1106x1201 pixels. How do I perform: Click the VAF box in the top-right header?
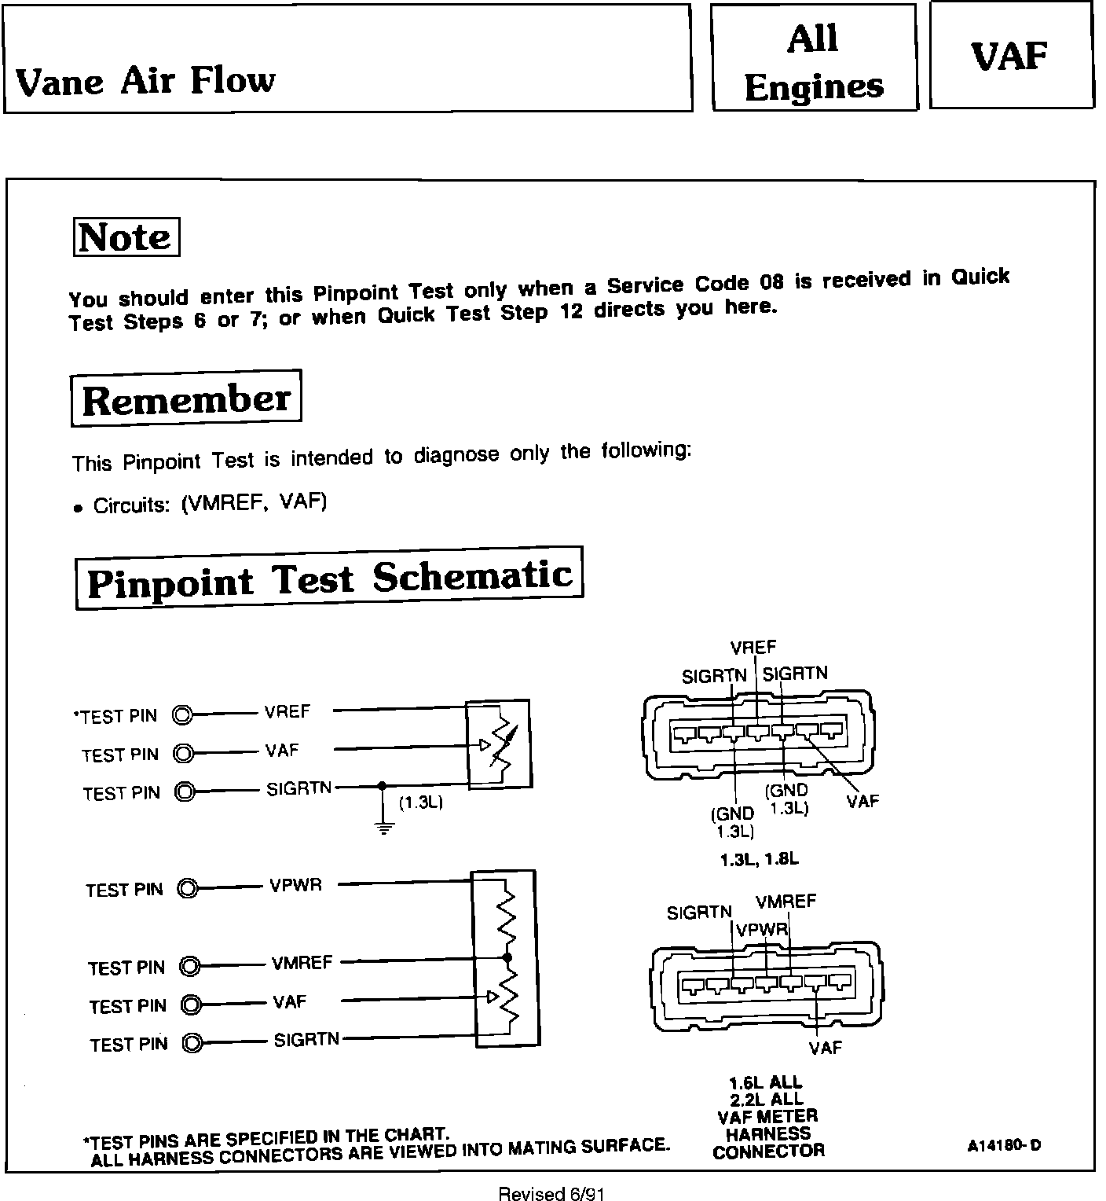point(1010,57)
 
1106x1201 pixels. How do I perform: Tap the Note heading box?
point(126,237)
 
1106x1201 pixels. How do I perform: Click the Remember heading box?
point(186,399)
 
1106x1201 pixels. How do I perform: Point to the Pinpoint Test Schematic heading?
point(329,578)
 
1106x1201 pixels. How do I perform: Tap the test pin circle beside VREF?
point(182,715)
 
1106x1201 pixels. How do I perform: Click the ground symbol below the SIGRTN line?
point(383,828)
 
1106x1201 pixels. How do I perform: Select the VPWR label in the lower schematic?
point(295,885)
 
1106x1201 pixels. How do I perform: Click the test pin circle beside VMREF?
point(189,965)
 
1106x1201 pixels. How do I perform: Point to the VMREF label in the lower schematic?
point(302,963)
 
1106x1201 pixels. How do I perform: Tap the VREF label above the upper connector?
point(753,648)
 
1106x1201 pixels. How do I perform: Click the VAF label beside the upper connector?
point(862,802)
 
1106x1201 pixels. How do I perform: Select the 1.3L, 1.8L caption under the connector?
point(759,860)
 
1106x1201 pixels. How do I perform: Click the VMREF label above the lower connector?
point(786,902)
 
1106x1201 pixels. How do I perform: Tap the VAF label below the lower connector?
point(825,1048)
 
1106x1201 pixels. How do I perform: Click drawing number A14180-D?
point(1004,1145)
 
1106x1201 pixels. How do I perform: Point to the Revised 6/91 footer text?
point(551,1194)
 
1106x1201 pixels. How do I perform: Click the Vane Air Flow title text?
point(146,81)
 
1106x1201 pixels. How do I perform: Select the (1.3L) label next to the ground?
point(421,804)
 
